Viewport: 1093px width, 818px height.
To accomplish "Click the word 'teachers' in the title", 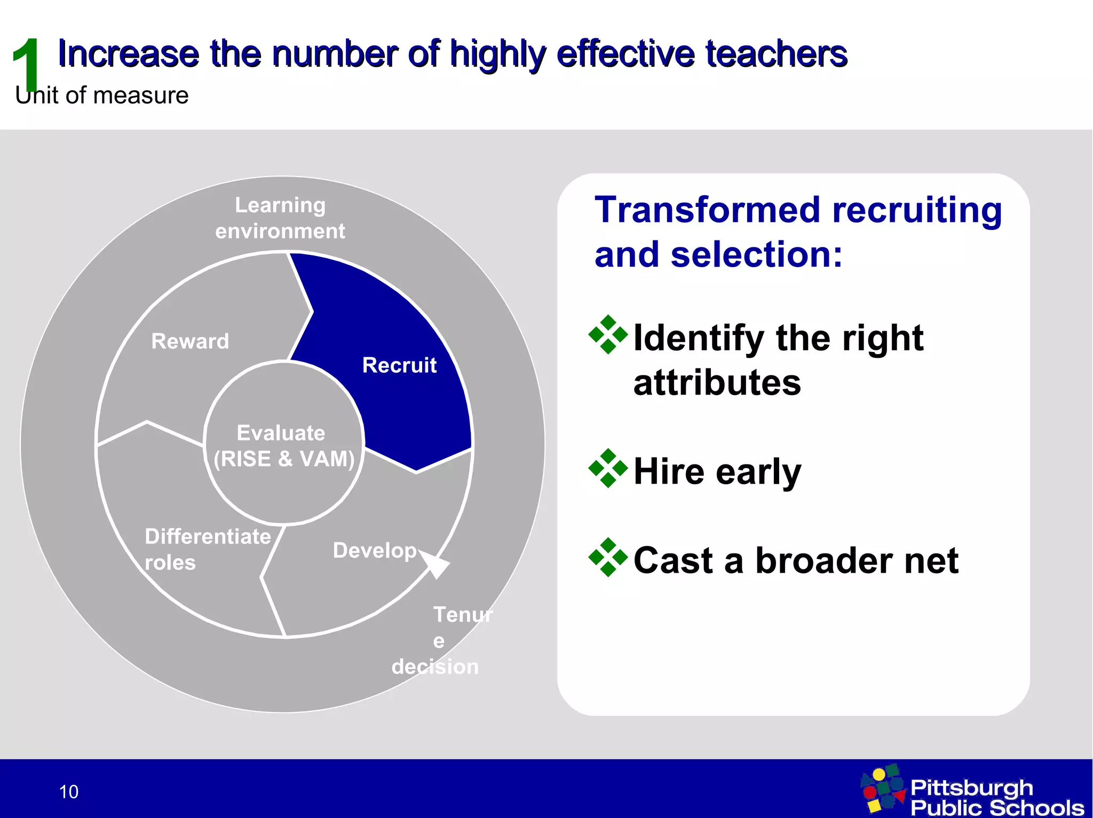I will [776, 54].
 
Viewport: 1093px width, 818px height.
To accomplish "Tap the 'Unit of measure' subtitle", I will [101, 96].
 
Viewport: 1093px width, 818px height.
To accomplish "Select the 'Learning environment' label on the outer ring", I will [280, 218].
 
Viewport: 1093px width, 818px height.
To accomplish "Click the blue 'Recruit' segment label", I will [399, 365].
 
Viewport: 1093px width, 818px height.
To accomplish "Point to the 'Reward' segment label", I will [190, 341].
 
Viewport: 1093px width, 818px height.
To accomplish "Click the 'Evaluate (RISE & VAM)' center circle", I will [283, 446].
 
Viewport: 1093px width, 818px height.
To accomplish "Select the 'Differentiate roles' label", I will [207, 549].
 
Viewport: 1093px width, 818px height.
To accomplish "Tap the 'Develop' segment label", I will [375, 550].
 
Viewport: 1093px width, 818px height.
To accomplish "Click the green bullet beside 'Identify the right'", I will [608, 335].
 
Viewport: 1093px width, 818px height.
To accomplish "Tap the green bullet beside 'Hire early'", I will [608, 468].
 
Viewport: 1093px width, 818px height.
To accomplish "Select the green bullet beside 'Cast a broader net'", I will [608, 557].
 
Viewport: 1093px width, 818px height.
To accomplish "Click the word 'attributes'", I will [717, 383].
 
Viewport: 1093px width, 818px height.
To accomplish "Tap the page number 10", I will [69, 792].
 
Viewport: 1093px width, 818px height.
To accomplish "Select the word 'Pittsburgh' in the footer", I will [971, 787].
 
